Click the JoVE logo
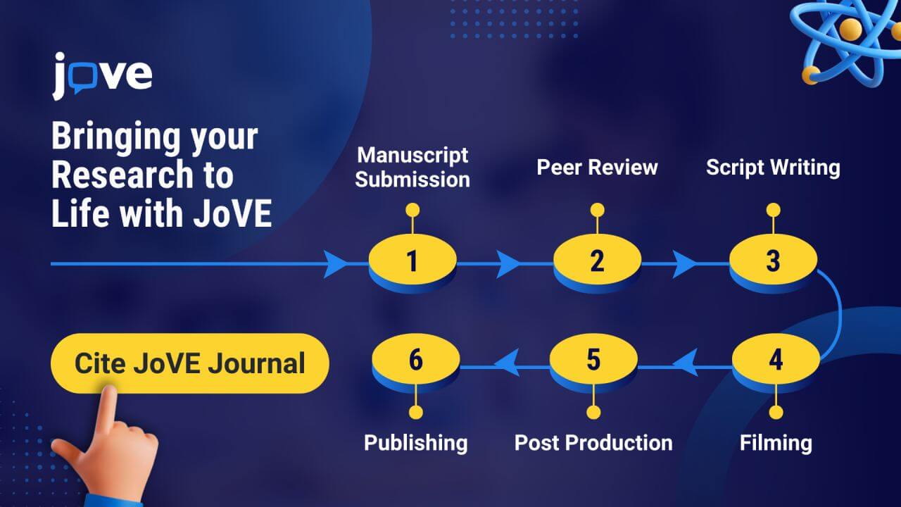[x=102, y=76]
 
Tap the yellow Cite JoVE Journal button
[x=190, y=363]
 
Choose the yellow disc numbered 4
[x=776, y=359]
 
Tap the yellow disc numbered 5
[x=593, y=359]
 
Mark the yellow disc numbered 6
[x=416, y=359]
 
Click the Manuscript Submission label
[x=412, y=167]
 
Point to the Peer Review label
[x=598, y=167]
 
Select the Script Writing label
[x=773, y=168]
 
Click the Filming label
[x=776, y=443]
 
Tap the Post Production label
[x=593, y=443]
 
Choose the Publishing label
[x=416, y=443]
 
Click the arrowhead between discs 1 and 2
[x=508, y=264]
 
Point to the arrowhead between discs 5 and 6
[x=506, y=363]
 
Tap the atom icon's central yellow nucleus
[x=851, y=29]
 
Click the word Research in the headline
[x=122, y=175]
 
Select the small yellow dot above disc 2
[x=598, y=210]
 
